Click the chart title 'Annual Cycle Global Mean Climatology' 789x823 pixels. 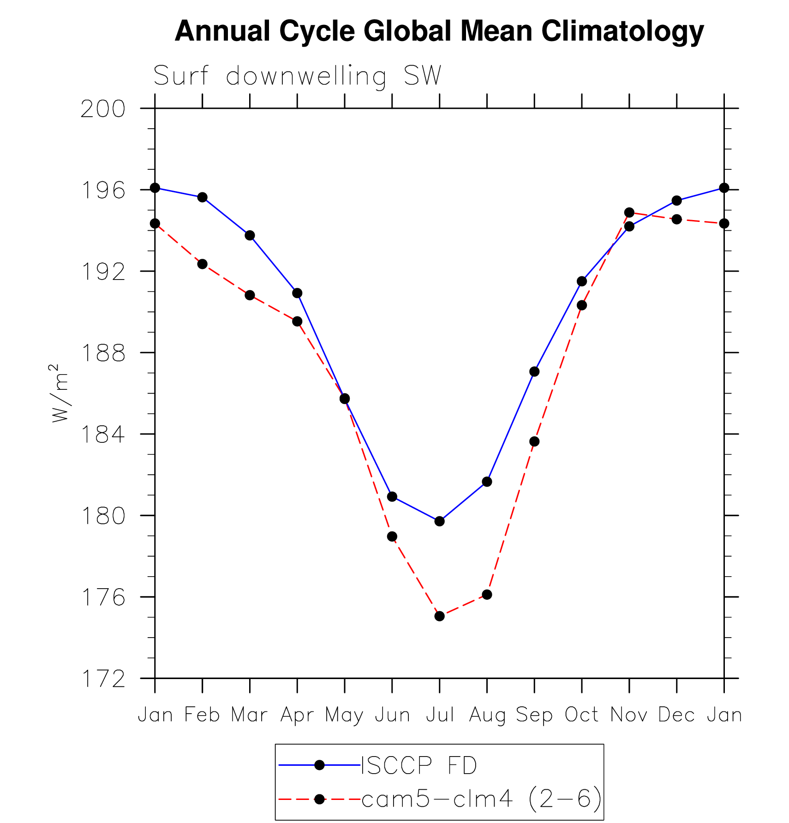coord(439,31)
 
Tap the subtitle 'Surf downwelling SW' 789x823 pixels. coord(297,76)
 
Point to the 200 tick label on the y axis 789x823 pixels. coord(103,109)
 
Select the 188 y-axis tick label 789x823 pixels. coord(103,353)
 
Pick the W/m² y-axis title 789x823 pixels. coord(60,393)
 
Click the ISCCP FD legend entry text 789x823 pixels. coord(418,766)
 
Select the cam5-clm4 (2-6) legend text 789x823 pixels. coord(481,799)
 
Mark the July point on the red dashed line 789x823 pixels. coord(439,616)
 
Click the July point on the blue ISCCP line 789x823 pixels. coord(439,521)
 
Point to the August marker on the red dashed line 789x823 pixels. coord(487,594)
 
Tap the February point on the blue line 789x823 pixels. coord(202,197)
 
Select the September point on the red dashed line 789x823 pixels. coord(534,441)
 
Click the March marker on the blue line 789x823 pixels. coord(250,235)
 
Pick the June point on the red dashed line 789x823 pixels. coord(392,536)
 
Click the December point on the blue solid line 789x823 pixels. coord(677,200)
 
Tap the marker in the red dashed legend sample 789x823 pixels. coord(319,799)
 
